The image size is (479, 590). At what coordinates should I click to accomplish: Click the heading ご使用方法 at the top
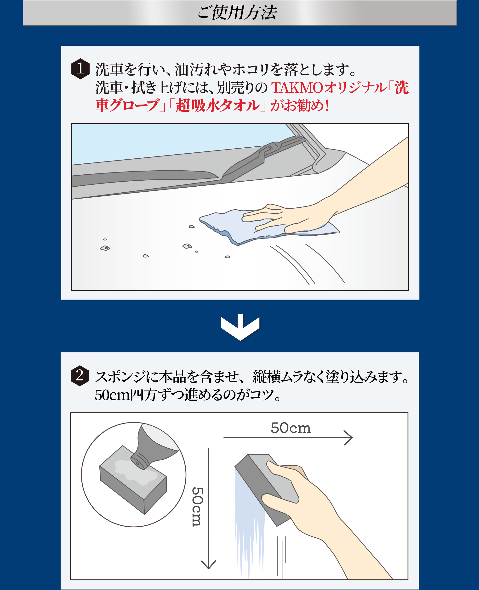237,13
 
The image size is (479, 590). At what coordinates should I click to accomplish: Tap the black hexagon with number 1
80,69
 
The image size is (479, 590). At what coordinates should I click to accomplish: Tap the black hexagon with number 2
80,376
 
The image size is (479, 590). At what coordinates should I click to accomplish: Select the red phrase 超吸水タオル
218,106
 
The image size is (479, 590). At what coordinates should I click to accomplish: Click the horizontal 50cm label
291,428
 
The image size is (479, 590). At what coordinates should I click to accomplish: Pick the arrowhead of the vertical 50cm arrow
208,565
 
